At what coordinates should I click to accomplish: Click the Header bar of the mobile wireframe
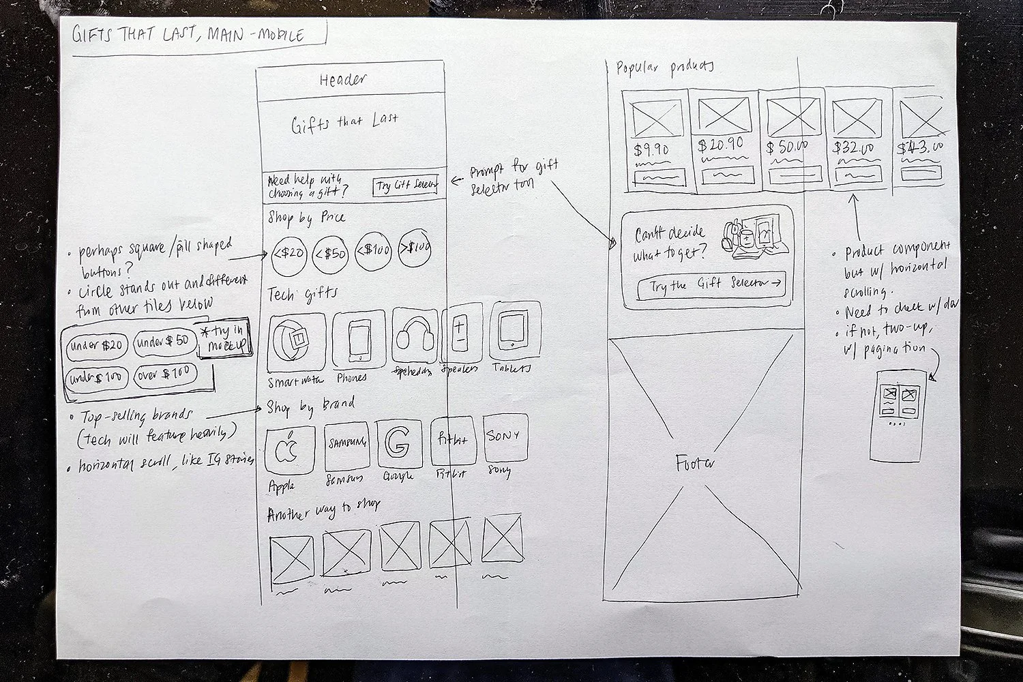(x=344, y=79)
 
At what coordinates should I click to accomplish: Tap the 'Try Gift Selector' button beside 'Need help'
(x=406, y=186)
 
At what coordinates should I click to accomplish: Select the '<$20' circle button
(x=289, y=253)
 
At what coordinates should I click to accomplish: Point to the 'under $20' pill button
(x=95, y=346)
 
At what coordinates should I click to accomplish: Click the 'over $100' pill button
(x=165, y=374)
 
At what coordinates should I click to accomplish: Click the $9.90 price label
(x=651, y=149)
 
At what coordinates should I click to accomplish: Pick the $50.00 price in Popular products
(x=787, y=147)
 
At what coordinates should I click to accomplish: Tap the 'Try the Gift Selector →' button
(x=711, y=284)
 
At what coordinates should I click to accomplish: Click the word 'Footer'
(x=695, y=464)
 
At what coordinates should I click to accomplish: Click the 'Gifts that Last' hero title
(x=344, y=123)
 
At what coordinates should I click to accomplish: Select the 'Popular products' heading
(x=665, y=67)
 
